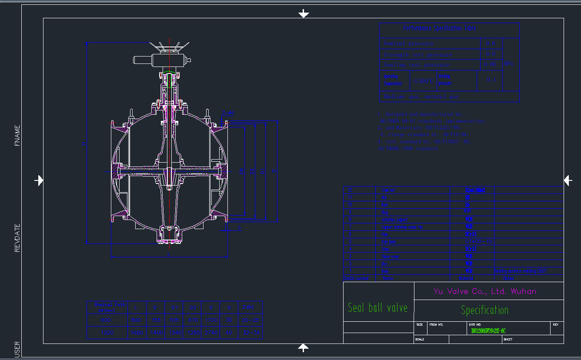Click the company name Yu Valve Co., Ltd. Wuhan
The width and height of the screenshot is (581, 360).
484,291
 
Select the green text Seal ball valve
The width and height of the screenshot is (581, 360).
377,308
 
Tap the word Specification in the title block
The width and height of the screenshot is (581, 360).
484,310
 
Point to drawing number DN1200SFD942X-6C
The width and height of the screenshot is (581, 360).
488,331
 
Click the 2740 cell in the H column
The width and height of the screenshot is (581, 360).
210,333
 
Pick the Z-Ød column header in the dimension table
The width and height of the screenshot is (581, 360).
248,307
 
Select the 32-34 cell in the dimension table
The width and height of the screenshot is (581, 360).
251,333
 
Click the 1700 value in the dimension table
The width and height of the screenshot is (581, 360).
210,320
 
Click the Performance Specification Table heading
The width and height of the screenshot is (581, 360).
439,28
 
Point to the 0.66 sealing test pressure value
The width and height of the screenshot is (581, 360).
490,64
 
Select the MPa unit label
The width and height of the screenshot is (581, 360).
509,63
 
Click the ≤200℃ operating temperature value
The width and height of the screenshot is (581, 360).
423,81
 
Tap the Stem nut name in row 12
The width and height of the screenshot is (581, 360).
388,190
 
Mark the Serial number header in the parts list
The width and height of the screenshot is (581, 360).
357,278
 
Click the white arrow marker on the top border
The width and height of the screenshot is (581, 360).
304,14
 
